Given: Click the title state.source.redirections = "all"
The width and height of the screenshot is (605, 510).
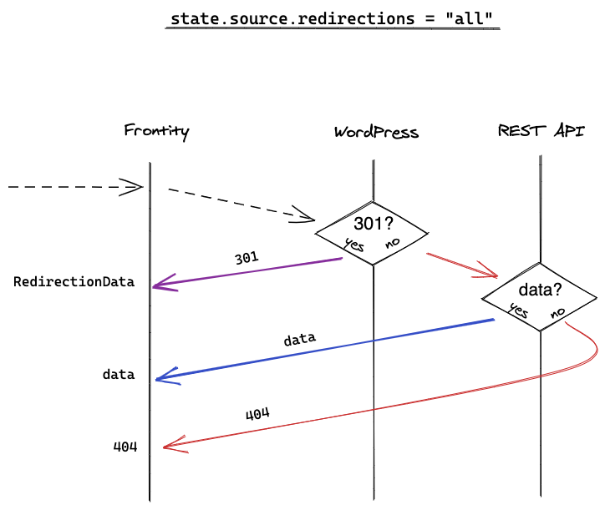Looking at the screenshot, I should pyautogui.click(x=333, y=18).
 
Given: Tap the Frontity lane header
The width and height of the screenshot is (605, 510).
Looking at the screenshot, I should pyautogui.click(x=156, y=131).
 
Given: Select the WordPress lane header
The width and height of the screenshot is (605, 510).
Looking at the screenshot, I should pyautogui.click(x=376, y=132).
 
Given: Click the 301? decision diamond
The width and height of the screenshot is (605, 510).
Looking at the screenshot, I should pyautogui.click(x=372, y=234).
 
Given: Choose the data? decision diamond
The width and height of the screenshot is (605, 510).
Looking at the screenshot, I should pyautogui.click(x=540, y=299).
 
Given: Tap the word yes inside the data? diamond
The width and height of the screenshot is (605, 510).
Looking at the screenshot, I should pyautogui.click(x=519, y=310).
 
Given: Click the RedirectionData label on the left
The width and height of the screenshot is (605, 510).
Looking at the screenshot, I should pyautogui.click(x=74, y=282).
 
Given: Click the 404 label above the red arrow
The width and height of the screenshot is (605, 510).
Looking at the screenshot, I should pyautogui.click(x=257, y=414).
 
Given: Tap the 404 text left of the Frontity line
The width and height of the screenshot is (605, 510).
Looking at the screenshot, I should pyautogui.click(x=125, y=447).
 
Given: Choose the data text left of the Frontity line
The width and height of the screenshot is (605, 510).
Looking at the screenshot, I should pyautogui.click(x=119, y=375).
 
